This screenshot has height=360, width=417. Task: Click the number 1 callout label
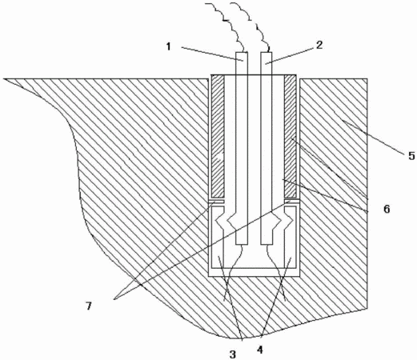tap(168, 46)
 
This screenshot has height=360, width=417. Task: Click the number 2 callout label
tap(319, 45)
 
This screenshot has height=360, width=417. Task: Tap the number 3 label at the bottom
tap(233, 354)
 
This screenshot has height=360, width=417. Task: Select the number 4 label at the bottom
tap(260, 350)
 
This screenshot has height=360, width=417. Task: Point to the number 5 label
tap(412, 156)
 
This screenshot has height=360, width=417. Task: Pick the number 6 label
tap(387, 209)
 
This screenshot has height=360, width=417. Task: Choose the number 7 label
tap(89, 306)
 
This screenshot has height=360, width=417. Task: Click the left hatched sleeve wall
tap(218, 135)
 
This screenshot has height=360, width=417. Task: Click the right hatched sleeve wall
tap(290, 135)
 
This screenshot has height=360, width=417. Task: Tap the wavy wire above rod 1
tap(230, 26)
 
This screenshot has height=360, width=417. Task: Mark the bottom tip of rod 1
tap(242, 245)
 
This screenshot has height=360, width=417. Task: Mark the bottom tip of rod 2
tap(267, 245)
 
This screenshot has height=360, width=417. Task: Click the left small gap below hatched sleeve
tap(217, 202)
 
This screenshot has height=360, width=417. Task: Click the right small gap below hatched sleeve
tap(291, 202)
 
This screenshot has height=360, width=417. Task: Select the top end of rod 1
tap(242, 52)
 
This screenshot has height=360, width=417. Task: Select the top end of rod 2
tap(267, 52)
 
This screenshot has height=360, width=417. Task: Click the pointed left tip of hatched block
tap(4, 78)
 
